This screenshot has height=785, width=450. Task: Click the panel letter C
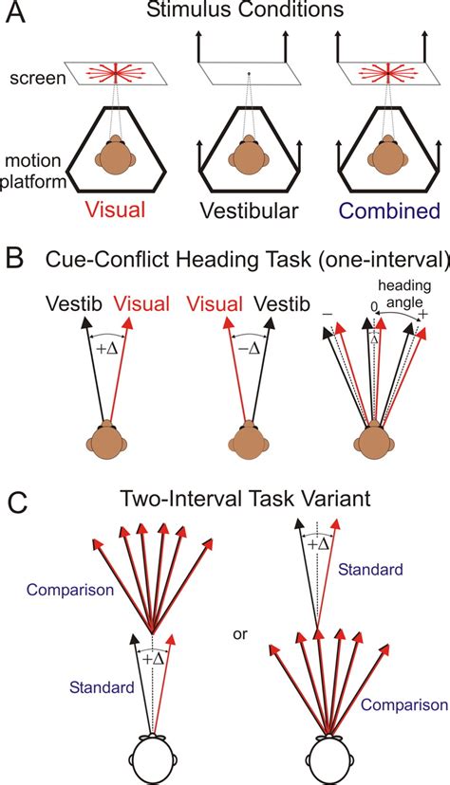[18, 502]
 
